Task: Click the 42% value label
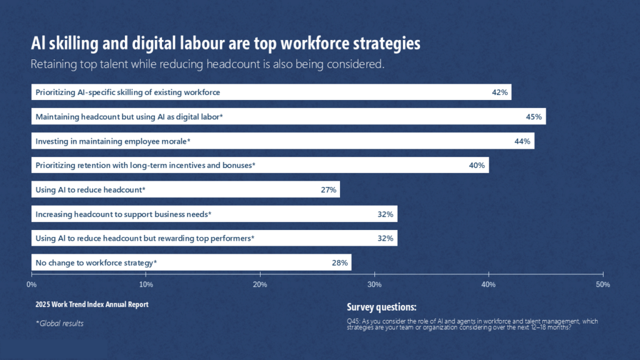click(x=499, y=92)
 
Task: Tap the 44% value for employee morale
click(x=522, y=141)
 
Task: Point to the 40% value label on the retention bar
click(x=477, y=166)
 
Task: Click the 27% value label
click(x=329, y=189)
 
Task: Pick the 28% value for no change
click(x=339, y=262)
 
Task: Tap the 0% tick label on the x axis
click(x=31, y=285)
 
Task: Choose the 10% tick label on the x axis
click(x=146, y=285)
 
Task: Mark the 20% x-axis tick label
click(x=260, y=285)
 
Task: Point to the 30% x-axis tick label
click(x=374, y=285)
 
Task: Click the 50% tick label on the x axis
click(x=603, y=285)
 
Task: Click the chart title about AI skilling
click(x=226, y=44)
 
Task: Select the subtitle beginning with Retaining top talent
click(x=207, y=64)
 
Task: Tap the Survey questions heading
click(x=381, y=307)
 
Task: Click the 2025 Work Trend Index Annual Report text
click(x=92, y=304)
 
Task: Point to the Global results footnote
click(x=59, y=323)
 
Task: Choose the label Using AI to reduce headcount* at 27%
click(x=91, y=189)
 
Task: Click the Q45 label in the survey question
click(x=352, y=321)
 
